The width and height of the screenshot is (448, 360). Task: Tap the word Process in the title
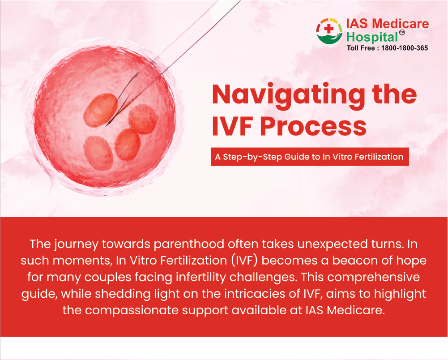pos(313,126)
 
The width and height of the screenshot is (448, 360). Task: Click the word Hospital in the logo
pos(372,38)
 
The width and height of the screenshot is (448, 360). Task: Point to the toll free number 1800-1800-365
pos(405,48)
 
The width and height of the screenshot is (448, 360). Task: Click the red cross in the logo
pos(329,28)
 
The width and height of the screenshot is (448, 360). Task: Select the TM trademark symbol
pos(402,32)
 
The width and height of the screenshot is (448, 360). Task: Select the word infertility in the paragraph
pos(201,277)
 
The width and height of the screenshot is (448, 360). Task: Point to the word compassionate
pos(132,310)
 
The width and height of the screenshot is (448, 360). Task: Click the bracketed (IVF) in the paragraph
pos(245,261)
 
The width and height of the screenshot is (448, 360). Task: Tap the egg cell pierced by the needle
pos(100,110)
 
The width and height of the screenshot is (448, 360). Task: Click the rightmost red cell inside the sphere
pos(143,119)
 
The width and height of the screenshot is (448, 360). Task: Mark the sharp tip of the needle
pos(106,126)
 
